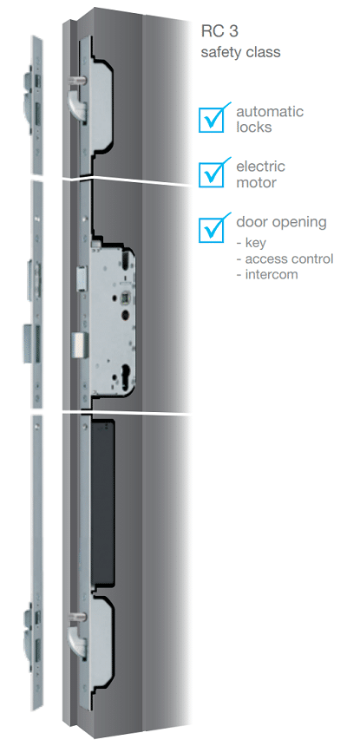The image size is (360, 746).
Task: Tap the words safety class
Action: (240, 52)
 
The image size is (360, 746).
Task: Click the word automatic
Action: (270, 112)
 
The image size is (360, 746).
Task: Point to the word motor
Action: (256, 182)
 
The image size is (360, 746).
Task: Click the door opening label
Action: (282, 223)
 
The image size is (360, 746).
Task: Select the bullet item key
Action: (252, 244)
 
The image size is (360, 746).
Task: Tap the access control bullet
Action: (285, 258)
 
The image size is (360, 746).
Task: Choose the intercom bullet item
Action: (267, 274)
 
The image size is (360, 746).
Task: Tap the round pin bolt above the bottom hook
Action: (77, 617)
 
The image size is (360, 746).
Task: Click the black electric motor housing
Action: (102, 502)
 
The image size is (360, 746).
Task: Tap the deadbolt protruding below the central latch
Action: (79, 344)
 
